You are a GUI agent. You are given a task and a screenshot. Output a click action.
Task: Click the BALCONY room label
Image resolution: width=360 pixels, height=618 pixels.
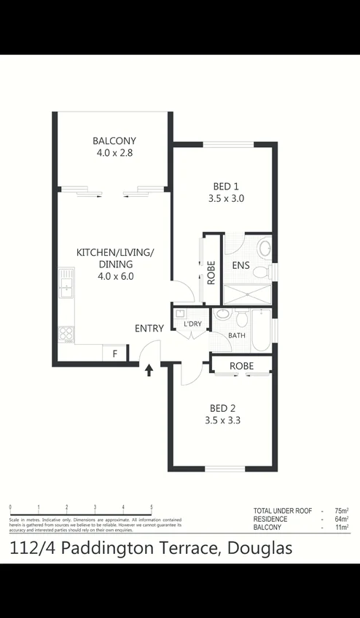[x=114, y=141]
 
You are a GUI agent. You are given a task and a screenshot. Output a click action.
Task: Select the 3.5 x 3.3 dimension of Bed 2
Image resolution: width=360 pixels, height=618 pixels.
[x=223, y=421]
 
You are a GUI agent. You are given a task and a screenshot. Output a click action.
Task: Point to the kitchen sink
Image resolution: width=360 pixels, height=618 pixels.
[x=66, y=283]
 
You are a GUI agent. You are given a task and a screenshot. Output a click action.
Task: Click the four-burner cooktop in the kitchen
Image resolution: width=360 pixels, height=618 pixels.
[x=66, y=332]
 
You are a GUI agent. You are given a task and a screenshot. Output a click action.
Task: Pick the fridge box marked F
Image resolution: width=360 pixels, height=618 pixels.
[x=114, y=354]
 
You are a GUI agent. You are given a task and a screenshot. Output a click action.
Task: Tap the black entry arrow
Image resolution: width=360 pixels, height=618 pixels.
[x=149, y=370]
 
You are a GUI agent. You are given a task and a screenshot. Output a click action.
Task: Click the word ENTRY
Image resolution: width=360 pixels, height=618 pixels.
[x=149, y=329]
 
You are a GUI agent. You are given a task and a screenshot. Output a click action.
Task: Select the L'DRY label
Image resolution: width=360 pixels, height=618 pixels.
[x=192, y=324]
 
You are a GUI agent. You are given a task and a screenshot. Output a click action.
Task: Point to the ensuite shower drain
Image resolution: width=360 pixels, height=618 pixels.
[x=247, y=294]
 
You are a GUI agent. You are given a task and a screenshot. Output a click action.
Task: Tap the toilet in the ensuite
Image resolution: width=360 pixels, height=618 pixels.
[x=264, y=249]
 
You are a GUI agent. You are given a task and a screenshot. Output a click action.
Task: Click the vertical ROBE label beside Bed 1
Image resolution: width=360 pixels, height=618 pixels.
[x=211, y=272]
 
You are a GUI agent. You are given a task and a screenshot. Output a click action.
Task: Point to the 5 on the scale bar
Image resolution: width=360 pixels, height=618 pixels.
[x=152, y=506]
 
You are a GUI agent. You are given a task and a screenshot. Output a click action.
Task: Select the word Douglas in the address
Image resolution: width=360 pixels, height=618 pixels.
[x=257, y=548]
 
